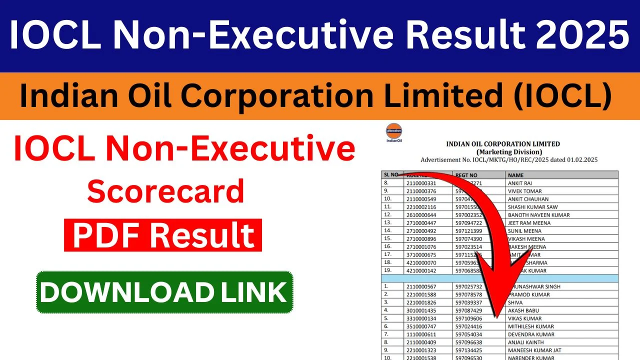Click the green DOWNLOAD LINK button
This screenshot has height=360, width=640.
tap(164, 292)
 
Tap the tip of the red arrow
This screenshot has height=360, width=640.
tap(496, 315)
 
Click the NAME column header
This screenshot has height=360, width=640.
tap(516, 175)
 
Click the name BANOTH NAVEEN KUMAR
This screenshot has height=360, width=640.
tap(538, 215)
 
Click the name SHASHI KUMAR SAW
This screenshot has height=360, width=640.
tap(532, 207)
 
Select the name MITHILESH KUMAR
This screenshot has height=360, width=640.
tap(530, 326)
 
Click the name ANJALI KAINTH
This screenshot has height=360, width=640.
tap(526, 342)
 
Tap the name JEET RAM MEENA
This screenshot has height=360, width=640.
tap(529, 223)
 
